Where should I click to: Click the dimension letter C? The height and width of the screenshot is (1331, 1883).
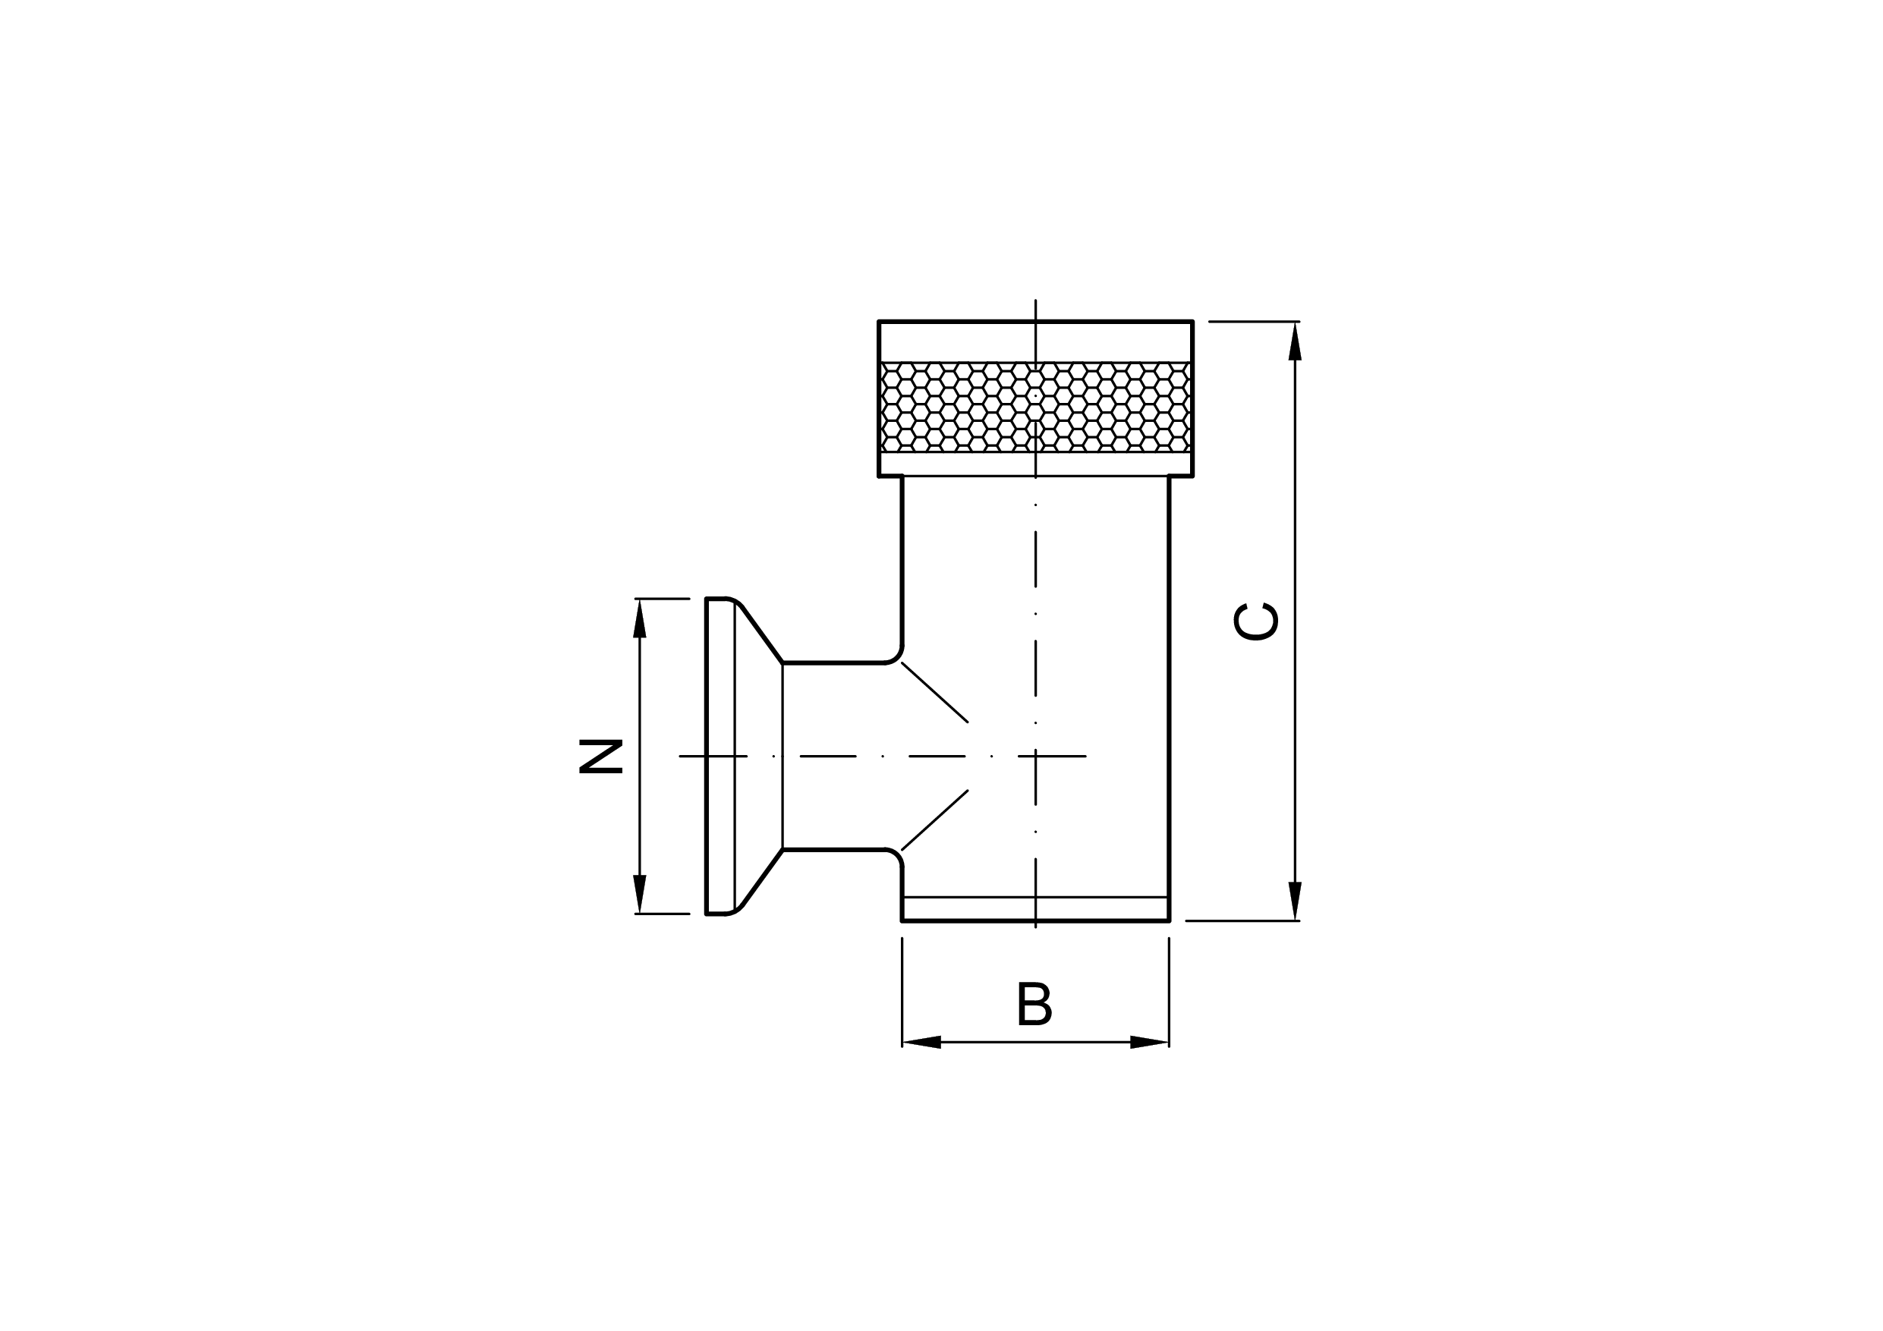point(1255,621)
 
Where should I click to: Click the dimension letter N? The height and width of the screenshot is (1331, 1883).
point(600,756)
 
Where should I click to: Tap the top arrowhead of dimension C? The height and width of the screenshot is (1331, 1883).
point(1295,341)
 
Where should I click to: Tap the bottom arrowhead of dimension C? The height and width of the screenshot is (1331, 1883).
point(1295,901)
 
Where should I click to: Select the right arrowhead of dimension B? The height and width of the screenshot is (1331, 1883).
point(1149,1043)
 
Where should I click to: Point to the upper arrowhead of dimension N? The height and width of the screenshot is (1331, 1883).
point(640,618)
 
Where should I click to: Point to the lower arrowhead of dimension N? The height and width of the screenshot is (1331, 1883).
point(640,894)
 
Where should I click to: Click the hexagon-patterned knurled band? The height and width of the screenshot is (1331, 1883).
point(1035,407)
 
